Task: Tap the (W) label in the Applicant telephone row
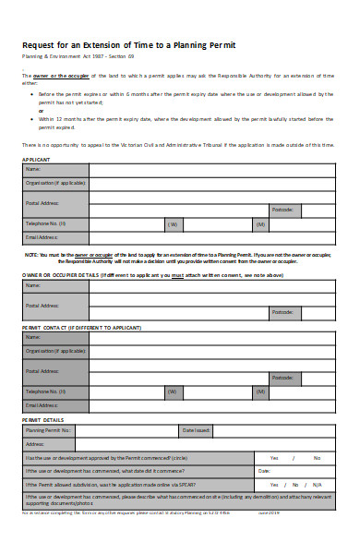(173, 224)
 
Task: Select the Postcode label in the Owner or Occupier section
(282, 313)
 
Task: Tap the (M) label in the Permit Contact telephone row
(260, 391)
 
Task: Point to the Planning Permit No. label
(49, 430)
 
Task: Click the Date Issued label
(196, 430)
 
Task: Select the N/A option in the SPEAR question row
(316, 484)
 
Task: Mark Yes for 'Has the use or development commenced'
(273, 458)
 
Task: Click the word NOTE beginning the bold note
(30, 254)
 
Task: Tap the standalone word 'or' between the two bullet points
(41, 110)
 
